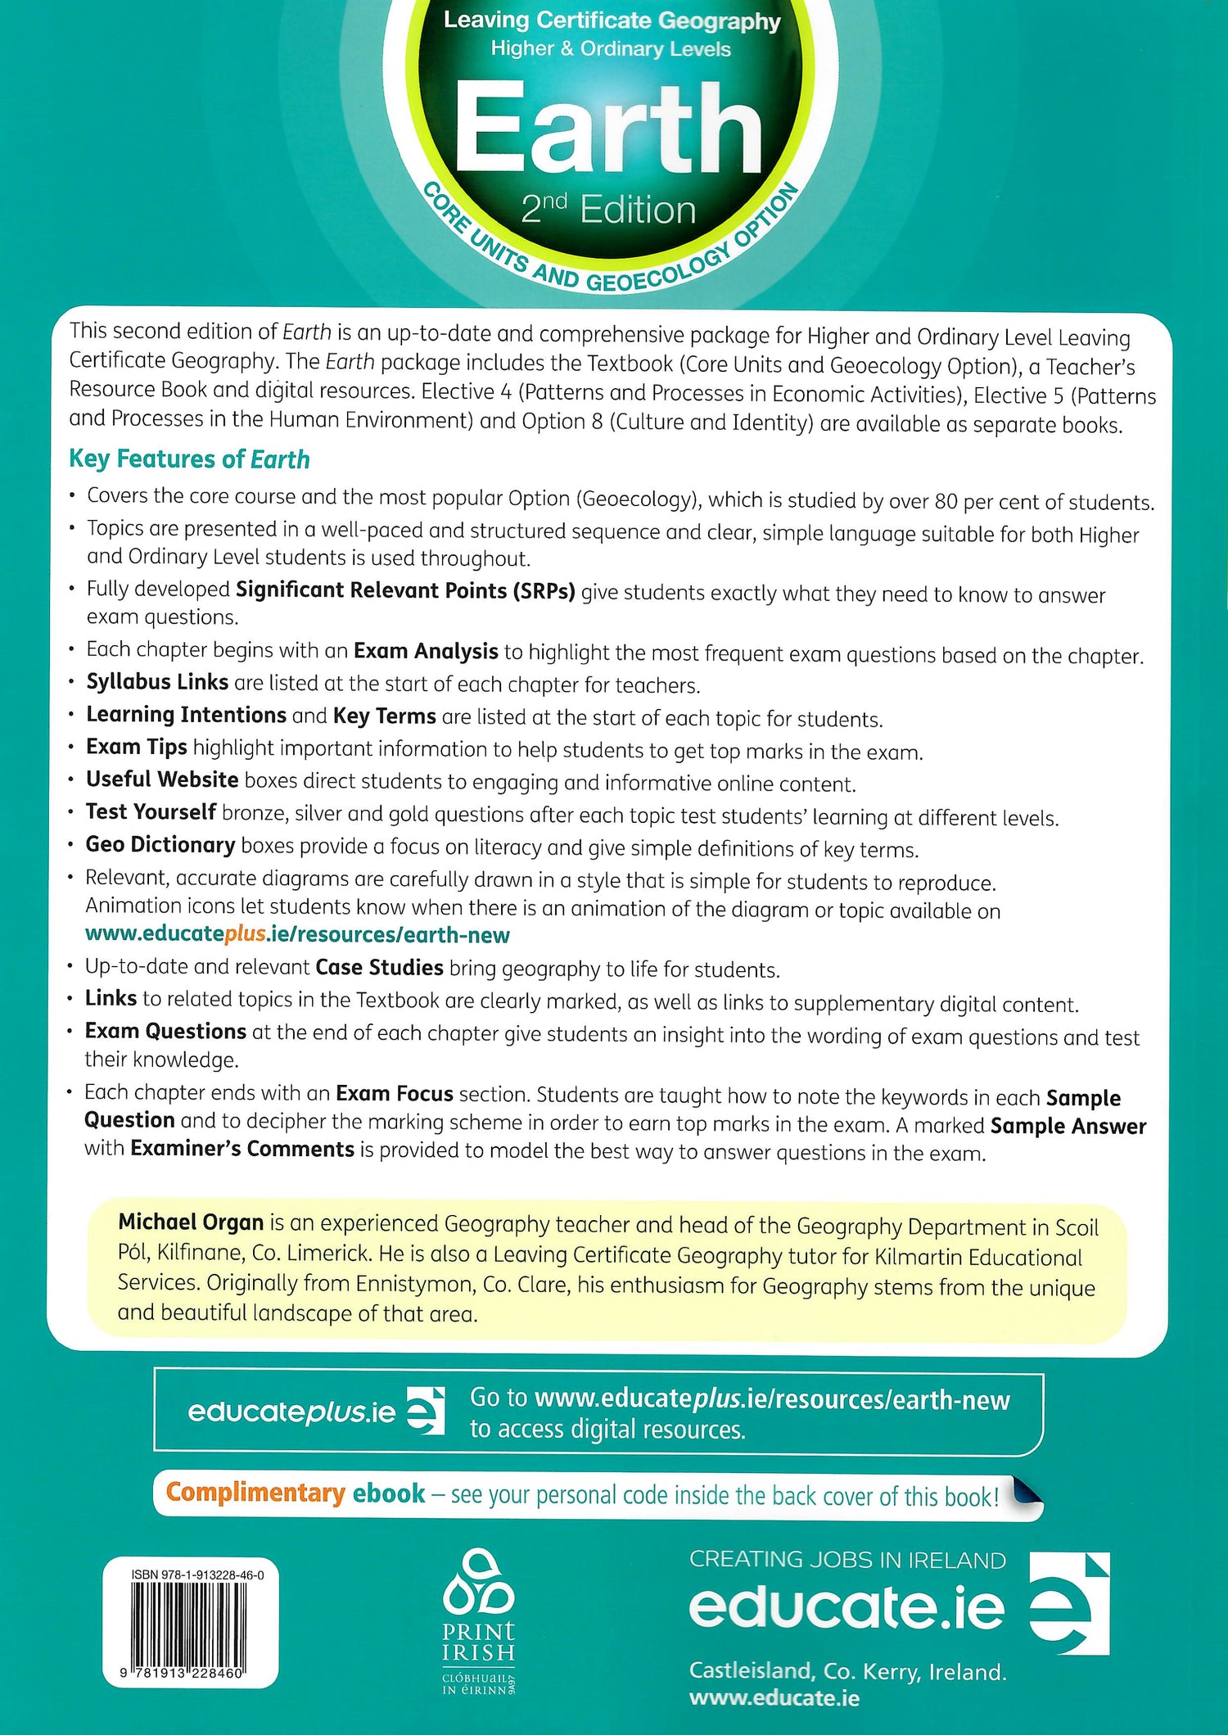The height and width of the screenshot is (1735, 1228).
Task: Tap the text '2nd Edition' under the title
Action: [x=608, y=210]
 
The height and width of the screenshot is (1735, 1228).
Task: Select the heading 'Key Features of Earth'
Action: [x=189, y=459]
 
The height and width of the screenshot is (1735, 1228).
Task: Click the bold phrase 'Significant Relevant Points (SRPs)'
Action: [x=405, y=590]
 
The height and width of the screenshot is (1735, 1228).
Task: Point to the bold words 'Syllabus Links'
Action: [x=157, y=682]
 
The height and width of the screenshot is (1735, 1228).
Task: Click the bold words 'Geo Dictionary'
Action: [x=160, y=844]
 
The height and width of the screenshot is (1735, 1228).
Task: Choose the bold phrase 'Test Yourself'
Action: [x=151, y=811]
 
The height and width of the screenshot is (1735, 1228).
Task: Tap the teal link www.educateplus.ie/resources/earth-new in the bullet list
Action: [x=297, y=934]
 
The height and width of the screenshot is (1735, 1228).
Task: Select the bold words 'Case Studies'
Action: [x=379, y=968]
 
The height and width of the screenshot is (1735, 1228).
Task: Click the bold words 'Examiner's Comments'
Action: [x=242, y=1149]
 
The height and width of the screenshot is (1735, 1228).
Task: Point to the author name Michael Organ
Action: [x=191, y=1222]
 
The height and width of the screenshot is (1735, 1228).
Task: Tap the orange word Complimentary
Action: [x=255, y=1493]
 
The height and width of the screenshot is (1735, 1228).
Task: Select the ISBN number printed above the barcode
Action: [x=197, y=1575]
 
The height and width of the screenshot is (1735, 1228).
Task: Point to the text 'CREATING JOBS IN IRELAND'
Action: [x=847, y=1560]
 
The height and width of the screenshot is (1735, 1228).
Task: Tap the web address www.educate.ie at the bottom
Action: [x=774, y=1698]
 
